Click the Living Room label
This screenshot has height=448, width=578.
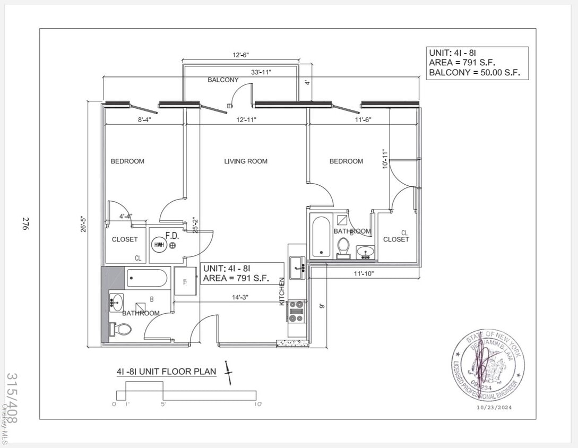(x=245, y=161)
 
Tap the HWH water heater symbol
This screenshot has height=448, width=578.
(x=159, y=245)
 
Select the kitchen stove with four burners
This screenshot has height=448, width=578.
(x=296, y=311)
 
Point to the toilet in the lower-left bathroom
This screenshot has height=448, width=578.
(x=121, y=330)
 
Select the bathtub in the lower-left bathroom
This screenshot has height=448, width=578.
(x=147, y=278)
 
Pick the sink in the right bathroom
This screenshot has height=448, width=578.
(x=365, y=251)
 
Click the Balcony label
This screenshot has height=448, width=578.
(x=223, y=80)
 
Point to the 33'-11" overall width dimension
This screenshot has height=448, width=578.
(x=262, y=73)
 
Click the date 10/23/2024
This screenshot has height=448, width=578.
(x=494, y=408)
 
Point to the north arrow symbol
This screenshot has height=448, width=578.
(x=229, y=373)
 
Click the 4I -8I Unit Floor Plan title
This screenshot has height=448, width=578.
(x=166, y=372)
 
